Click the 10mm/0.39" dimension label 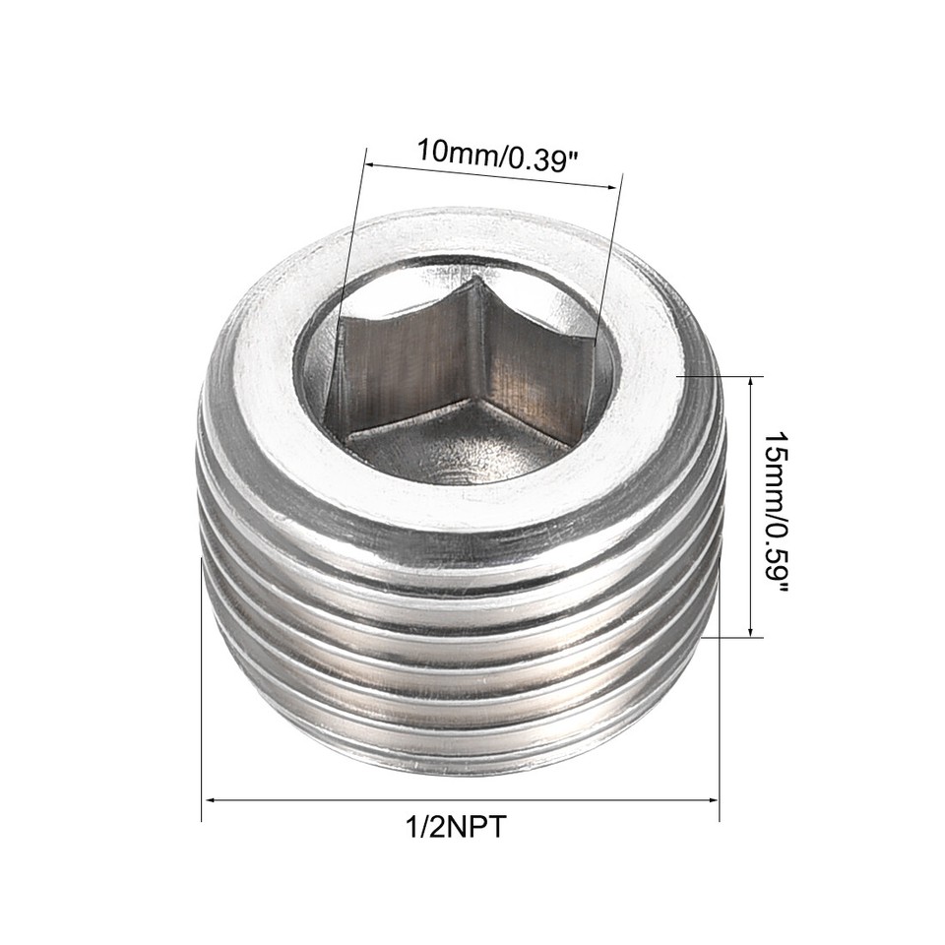coord(494,156)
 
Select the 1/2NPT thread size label coord(457,827)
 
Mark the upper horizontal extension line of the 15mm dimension coord(719,375)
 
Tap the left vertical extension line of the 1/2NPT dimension coord(202,689)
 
